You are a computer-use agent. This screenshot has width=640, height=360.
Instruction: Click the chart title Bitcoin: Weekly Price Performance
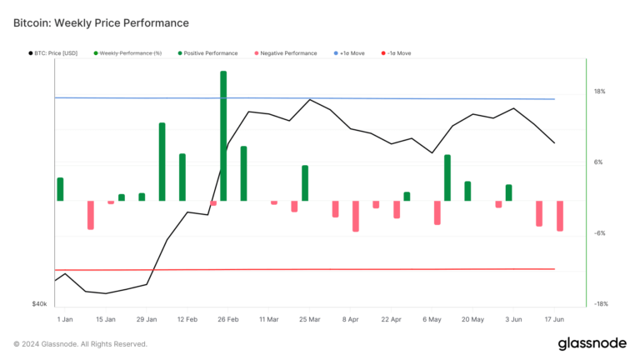point(101,22)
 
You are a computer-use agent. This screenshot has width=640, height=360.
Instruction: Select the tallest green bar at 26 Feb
point(223,133)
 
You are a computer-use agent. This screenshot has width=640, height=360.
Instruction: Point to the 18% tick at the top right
point(599,92)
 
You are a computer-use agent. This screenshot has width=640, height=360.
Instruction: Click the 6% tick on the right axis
point(598,162)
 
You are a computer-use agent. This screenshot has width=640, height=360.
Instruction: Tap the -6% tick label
point(599,233)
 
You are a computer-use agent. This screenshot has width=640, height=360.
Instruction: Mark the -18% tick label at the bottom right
point(599,304)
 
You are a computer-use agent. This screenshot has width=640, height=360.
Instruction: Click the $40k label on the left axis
point(39,304)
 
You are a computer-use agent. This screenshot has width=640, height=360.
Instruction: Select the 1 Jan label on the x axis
point(65,319)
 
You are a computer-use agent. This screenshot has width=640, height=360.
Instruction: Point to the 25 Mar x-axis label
point(309,319)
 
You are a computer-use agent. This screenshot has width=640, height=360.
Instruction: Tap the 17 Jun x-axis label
point(553,319)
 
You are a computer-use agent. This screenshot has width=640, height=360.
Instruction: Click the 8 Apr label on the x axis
point(350,319)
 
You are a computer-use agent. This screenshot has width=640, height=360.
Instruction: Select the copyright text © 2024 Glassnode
point(81,343)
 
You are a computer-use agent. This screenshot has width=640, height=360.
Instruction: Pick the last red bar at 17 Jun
point(560,216)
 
